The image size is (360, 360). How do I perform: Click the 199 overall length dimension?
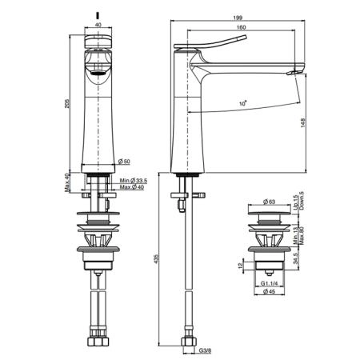click(238, 18)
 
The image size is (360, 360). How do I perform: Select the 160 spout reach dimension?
click(241, 27)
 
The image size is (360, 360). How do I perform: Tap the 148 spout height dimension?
click(303, 122)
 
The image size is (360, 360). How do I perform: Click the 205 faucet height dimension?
click(67, 104)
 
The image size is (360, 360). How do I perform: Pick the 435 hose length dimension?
click(156, 258)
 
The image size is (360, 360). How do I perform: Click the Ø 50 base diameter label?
click(124, 162)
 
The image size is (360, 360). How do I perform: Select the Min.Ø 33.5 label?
click(134, 181)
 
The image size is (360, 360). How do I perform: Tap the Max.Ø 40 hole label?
click(132, 187)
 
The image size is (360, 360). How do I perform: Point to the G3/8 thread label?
click(205, 351)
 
